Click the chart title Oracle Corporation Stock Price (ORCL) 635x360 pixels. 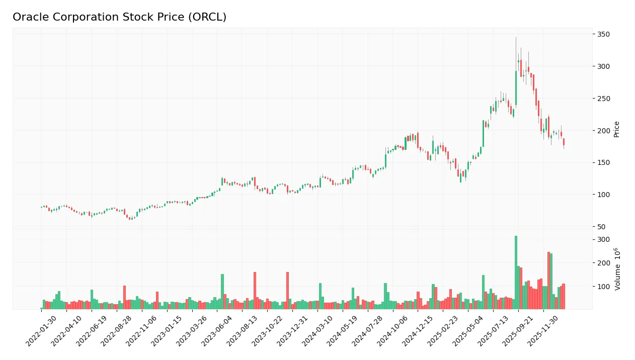[x=119, y=17]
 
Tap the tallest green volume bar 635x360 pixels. [x=516, y=272]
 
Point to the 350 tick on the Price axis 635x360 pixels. [x=603, y=34]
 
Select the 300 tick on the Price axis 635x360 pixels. [x=603, y=66]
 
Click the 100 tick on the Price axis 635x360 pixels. [x=603, y=195]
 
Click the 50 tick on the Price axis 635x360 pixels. [x=602, y=227]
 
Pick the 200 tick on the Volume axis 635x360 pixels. [x=603, y=263]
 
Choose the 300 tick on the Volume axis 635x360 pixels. [x=603, y=239]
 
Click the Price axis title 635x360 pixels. [x=616, y=129]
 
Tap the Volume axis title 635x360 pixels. [x=617, y=269]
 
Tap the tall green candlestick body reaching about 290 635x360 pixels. [x=516, y=88]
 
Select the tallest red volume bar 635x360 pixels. [x=548, y=280]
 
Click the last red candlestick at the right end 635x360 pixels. [x=564, y=142]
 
